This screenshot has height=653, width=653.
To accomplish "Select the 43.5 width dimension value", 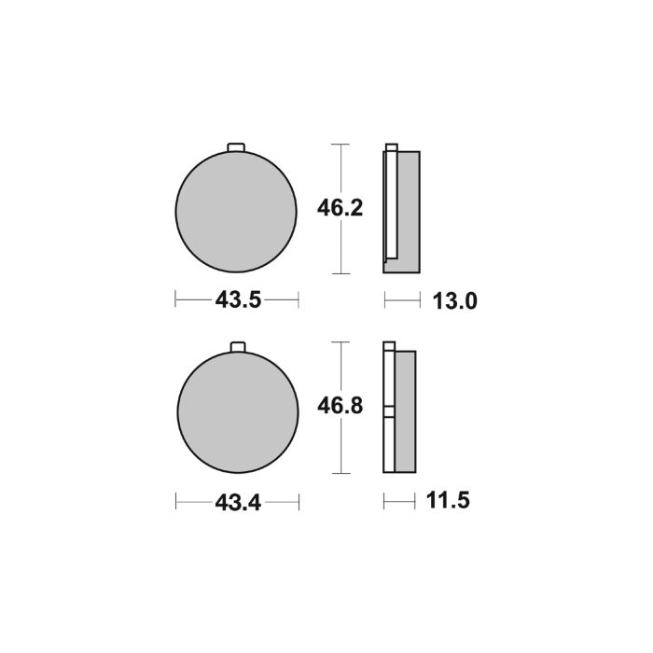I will (x=236, y=300).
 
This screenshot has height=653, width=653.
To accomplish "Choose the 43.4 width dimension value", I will (x=236, y=502).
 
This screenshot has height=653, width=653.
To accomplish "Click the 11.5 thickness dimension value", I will (x=445, y=502).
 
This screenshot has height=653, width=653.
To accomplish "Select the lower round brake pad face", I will (x=236, y=410).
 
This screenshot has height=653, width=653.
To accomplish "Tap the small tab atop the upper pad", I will (x=236, y=146).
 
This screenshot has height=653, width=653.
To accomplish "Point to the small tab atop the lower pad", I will (x=236, y=349).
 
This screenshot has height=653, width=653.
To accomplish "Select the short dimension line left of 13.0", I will (x=399, y=300).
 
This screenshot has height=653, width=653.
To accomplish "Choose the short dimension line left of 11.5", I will (x=397, y=502).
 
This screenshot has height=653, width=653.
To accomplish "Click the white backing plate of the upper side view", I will (x=390, y=210).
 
